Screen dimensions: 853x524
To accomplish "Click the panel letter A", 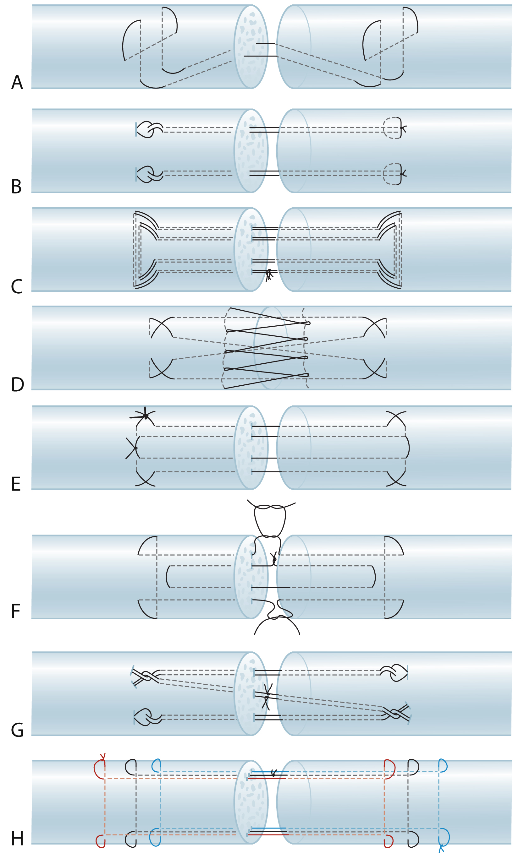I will [x=17, y=82].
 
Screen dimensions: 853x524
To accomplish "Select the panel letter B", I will [x=16, y=187].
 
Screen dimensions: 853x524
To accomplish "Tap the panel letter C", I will [x=17, y=287].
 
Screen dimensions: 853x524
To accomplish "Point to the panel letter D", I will [x=17, y=385].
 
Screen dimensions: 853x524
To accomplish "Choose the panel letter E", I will [x=16, y=484].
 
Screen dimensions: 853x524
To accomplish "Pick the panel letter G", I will [x=17, y=730].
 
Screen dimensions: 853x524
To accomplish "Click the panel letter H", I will [x=17, y=839].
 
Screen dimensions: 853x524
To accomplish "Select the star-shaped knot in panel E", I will [x=146, y=416].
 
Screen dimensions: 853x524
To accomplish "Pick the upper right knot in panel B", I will [x=403, y=128].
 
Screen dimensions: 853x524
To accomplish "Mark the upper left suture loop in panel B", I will [x=148, y=129].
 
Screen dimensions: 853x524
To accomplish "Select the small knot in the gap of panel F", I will [x=274, y=559].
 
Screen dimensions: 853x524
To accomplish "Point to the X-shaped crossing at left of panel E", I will [x=135, y=448].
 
